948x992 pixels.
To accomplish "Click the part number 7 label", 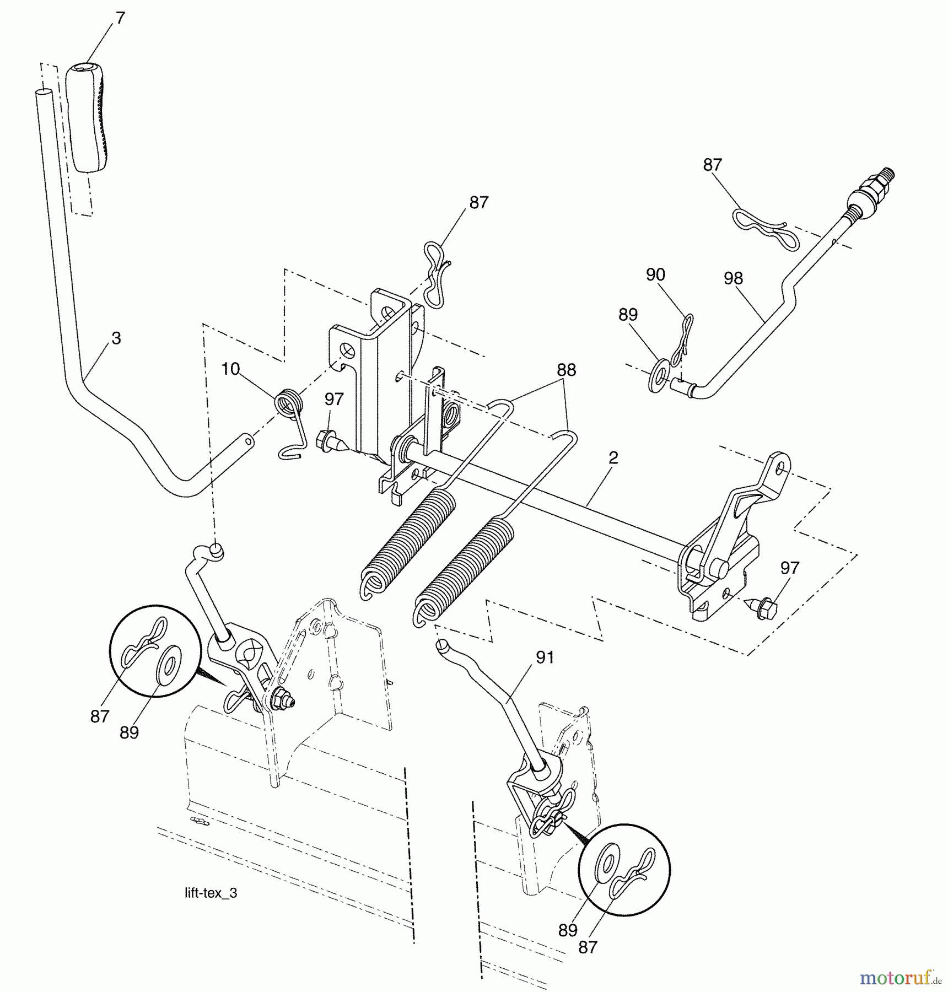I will pyautogui.click(x=121, y=18).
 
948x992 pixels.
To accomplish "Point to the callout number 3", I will pyautogui.click(x=116, y=338).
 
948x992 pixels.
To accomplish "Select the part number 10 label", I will pyautogui.click(x=230, y=369).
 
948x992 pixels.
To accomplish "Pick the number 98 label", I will pyautogui.click(x=733, y=278).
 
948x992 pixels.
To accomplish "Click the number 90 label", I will pyautogui.click(x=655, y=274).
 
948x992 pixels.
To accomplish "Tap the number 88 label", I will pyautogui.click(x=566, y=370).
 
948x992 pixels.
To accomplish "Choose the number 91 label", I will pyautogui.click(x=545, y=657).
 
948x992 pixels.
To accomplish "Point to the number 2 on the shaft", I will pyautogui.click(x=613, y=457).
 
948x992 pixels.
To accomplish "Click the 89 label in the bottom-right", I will pyautogui.click(x=568, y=930).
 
